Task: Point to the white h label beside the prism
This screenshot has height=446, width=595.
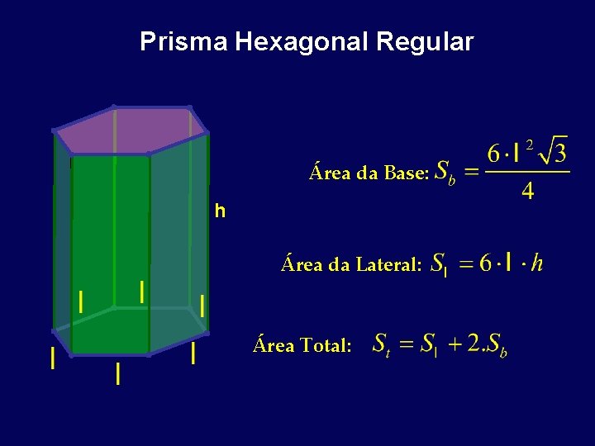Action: click(219, 212)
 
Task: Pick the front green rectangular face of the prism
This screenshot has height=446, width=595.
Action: click(110, 248)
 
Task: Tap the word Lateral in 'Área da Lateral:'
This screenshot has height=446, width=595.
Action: click(389, 264)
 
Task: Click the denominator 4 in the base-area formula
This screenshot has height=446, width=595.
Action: click(527, 192)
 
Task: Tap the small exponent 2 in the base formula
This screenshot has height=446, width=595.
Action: click(530, 144)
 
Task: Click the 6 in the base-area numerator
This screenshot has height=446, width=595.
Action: click(494, 154)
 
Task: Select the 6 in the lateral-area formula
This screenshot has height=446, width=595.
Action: click(485, 263)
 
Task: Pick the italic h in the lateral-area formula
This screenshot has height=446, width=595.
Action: click(537, 263)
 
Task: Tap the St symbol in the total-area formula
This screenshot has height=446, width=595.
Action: click(381, 344)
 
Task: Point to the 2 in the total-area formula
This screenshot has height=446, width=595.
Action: click(473, 344)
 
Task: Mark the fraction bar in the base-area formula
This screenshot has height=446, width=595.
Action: click(527, 173)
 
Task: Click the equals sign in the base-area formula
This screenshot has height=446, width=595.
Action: click(471, 173)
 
